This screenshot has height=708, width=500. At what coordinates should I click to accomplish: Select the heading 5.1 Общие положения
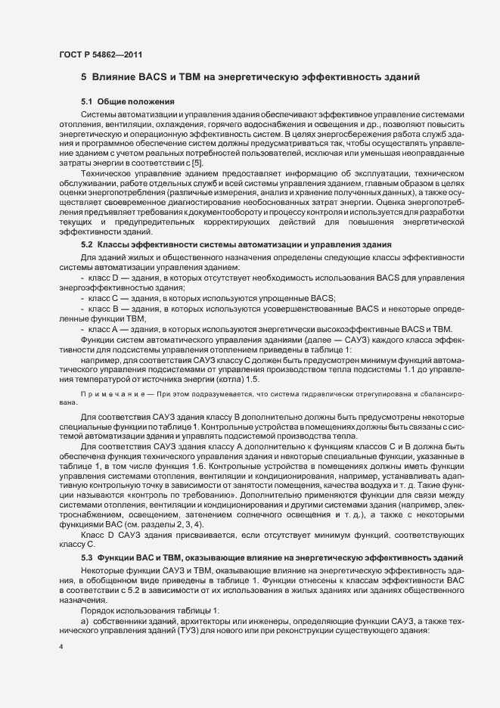pos(128,101)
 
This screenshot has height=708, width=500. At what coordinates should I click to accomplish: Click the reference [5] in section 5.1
pos(197,163)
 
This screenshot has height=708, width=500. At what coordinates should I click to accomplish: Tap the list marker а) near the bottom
pos(85,620)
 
